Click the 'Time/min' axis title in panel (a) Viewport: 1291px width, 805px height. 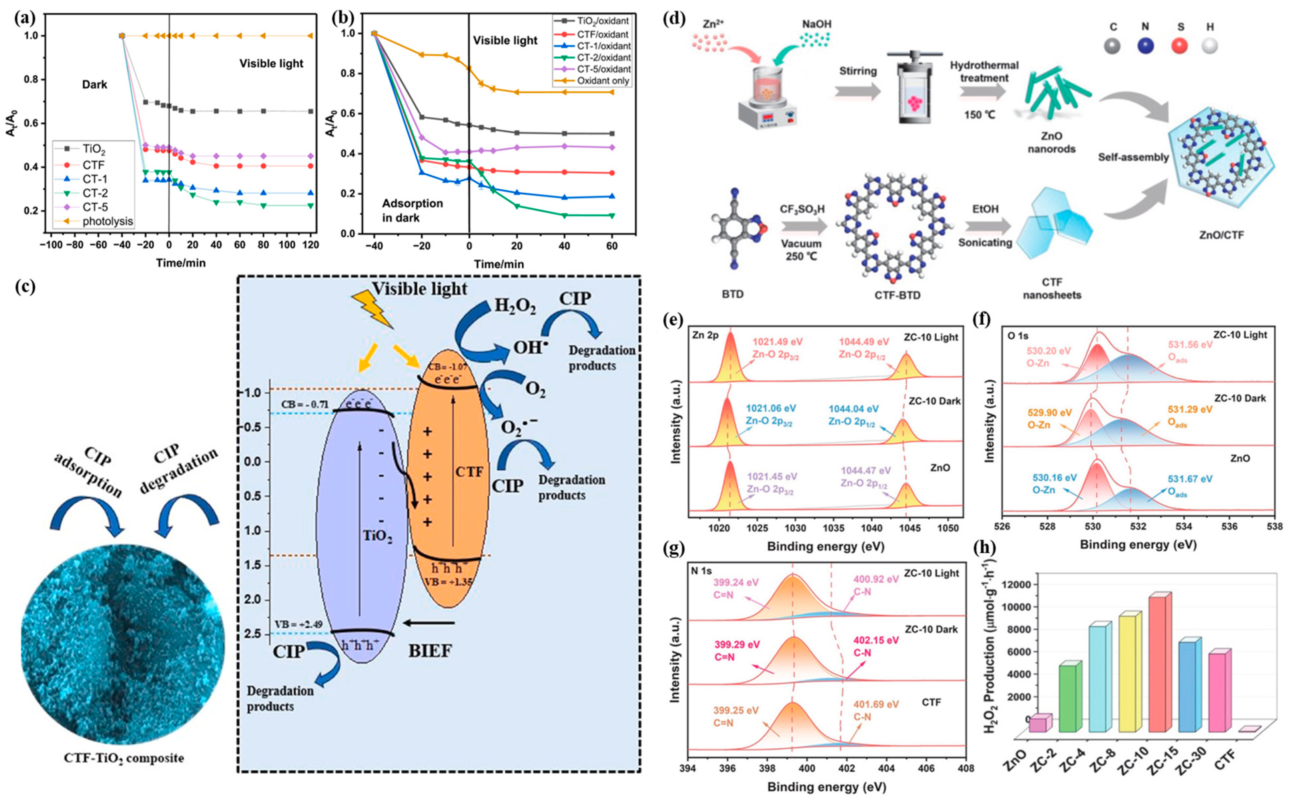(180, 263)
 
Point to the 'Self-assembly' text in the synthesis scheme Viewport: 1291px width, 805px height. (1133, 157)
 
